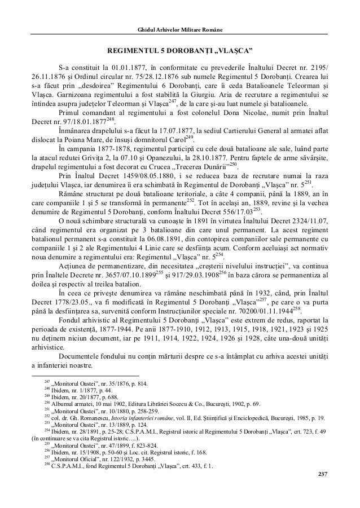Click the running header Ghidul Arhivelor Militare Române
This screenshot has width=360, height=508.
coord(180,29)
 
